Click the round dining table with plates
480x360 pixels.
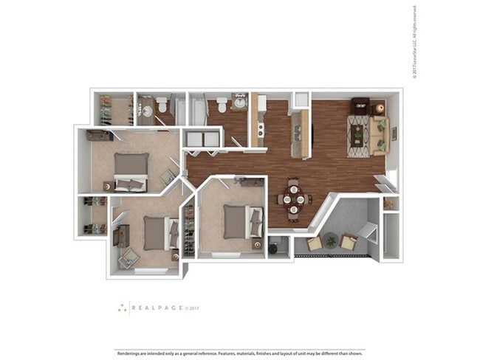pos(294,198)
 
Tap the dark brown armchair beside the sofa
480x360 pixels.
pos(360,105)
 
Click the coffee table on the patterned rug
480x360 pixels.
pos(359,135)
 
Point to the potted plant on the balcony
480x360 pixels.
pos(332,240)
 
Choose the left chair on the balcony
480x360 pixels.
pos(315,243)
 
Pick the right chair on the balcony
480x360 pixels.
pos(349,242)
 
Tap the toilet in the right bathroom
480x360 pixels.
pos(222,105)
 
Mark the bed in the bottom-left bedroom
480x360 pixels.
pos(157,233)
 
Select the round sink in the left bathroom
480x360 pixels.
pos(147,111)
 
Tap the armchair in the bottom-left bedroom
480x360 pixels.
pos(128,259)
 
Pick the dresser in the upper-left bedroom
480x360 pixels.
pos(99,135)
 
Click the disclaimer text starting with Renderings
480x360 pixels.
pos(240,353)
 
